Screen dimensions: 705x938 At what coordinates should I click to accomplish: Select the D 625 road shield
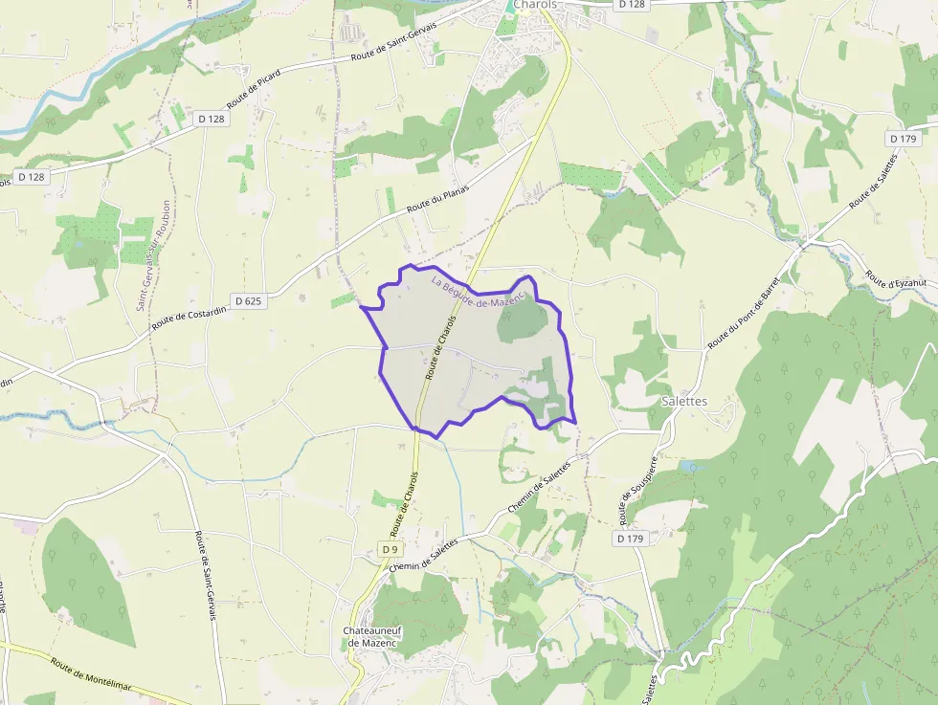pos(246,300)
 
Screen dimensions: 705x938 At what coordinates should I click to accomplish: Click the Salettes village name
pos(684,401)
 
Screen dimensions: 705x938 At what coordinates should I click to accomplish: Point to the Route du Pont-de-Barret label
pos(745,307)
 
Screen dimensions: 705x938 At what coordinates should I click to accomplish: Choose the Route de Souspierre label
pos(637,491)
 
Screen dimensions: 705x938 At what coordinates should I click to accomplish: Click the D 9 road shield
pos(389,550)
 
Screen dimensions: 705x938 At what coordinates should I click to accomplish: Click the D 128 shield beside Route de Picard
pos(211,119)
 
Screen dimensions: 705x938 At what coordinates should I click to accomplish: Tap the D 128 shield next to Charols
pos(632,5)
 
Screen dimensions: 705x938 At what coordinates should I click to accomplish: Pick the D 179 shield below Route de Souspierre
pos(629,540)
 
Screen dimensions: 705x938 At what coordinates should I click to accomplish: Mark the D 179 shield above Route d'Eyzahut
pos(904,139)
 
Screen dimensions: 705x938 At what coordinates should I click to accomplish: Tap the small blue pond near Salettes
pos(687,467)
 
